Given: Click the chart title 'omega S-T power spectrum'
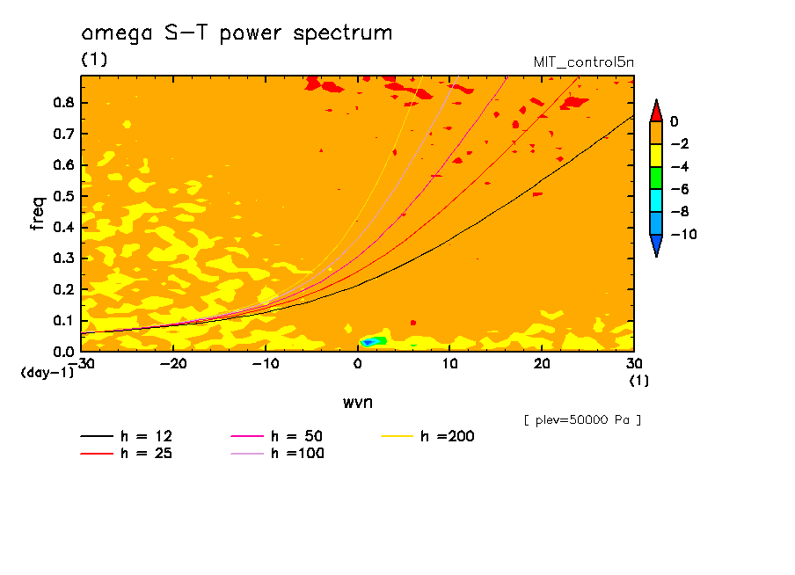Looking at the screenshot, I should point(236,33).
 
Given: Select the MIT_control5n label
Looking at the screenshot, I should point(583,63).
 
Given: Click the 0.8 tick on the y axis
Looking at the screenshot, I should point(64,102).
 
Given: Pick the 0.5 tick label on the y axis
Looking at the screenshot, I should point(64,196).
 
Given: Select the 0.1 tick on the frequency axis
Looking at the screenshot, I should point(64,321).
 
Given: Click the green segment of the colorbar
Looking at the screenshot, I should point(655,178).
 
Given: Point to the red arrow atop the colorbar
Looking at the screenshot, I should point(655,110).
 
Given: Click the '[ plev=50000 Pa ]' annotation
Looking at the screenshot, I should point(582,420).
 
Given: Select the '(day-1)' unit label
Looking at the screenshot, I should point(47,373).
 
